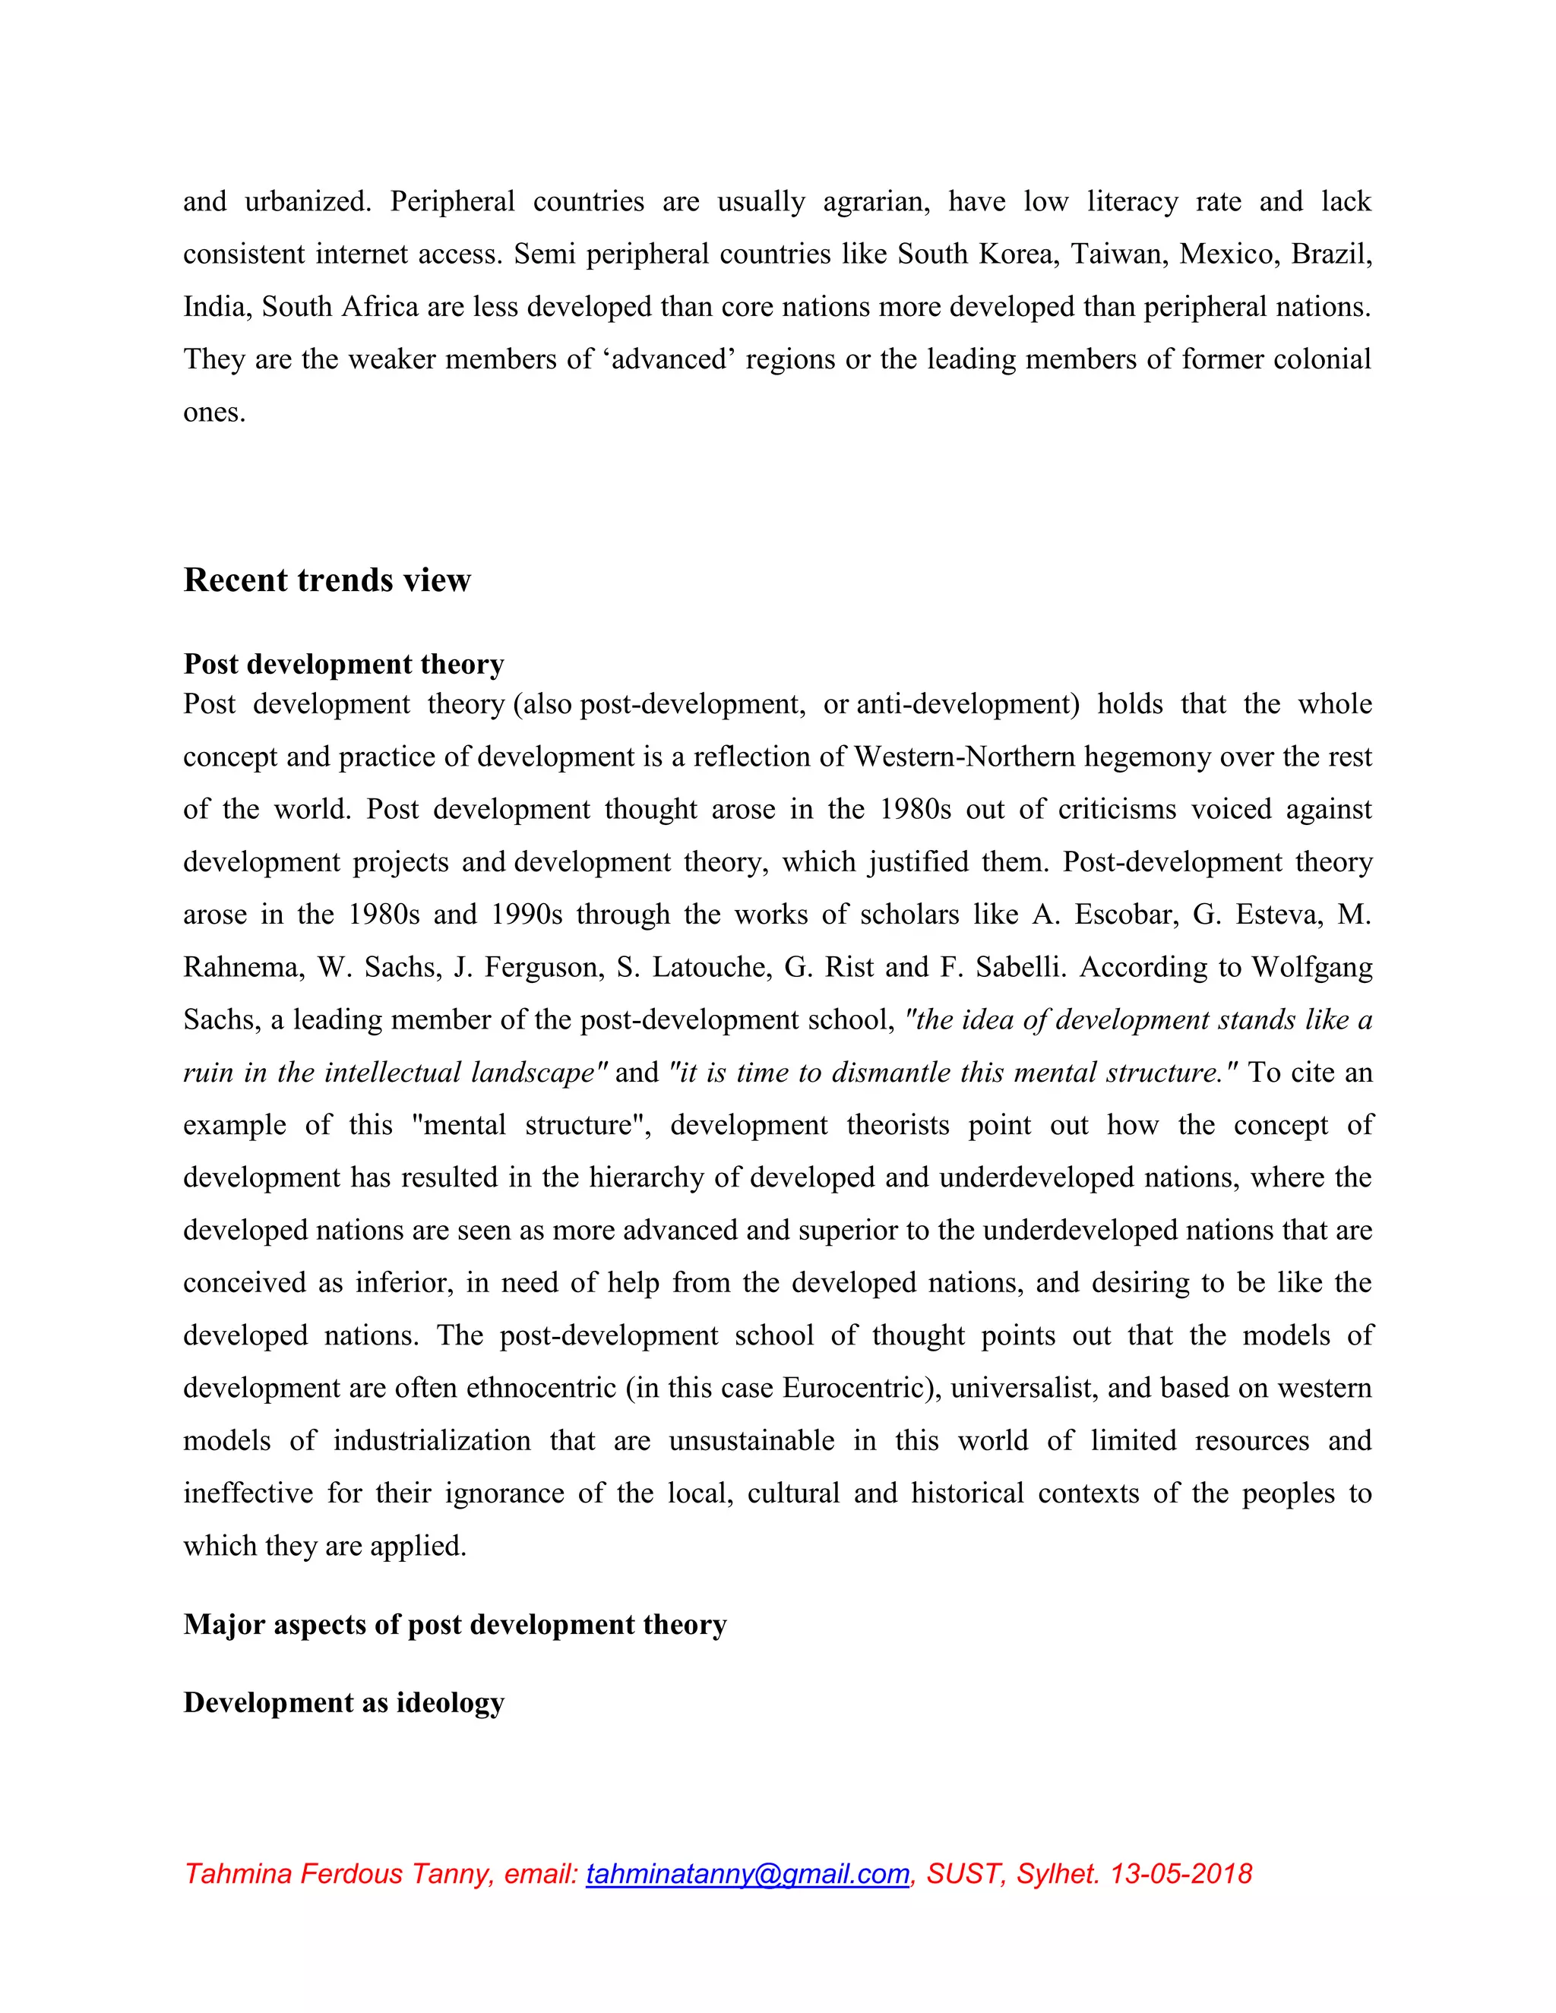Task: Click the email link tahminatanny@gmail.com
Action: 747,1874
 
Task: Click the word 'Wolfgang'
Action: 1311,967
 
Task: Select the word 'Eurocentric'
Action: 861,1388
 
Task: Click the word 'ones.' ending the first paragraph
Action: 213,411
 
